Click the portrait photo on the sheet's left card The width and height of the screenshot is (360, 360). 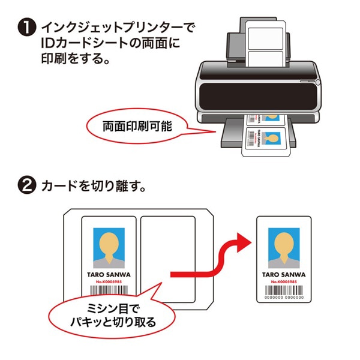[109, 248]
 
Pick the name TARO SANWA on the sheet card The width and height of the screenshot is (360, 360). [109, 274]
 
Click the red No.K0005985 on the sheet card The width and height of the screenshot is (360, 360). [109, 281]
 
